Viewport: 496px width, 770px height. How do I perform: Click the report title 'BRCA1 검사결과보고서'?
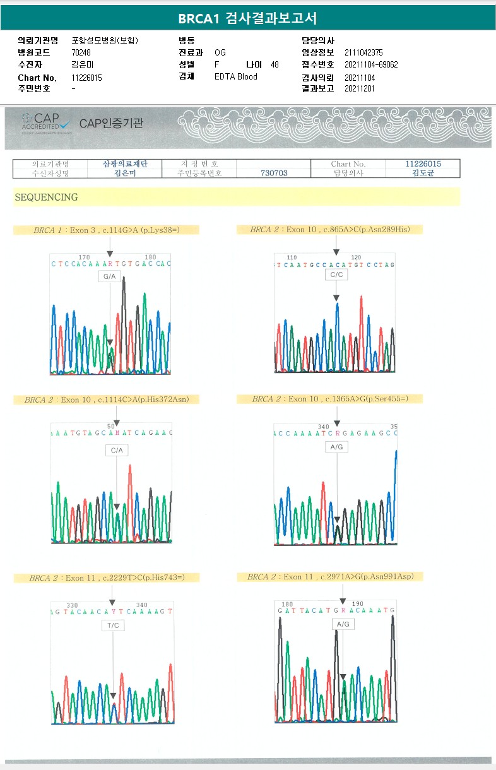[x=247, y=18]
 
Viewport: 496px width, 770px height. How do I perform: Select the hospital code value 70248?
[x=81, y=53]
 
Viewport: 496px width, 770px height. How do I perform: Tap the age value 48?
[x=275, y=65]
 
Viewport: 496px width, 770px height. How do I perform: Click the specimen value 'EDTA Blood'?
[x=236, y=77]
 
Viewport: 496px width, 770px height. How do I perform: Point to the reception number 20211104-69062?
[x=371, y=65]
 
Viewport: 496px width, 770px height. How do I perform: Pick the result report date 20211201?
[x=360, y=88]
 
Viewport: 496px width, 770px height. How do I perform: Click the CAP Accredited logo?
[x=47, y=122]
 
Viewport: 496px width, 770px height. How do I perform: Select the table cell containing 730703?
[x=274, y=173]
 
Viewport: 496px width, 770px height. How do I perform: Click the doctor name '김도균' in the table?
[x=423, y=173]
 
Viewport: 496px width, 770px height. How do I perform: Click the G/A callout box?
[x=110, y=277]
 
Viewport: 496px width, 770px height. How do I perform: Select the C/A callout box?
[x=117, y=450]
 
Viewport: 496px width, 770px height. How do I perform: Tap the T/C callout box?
[x=113, y=625]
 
